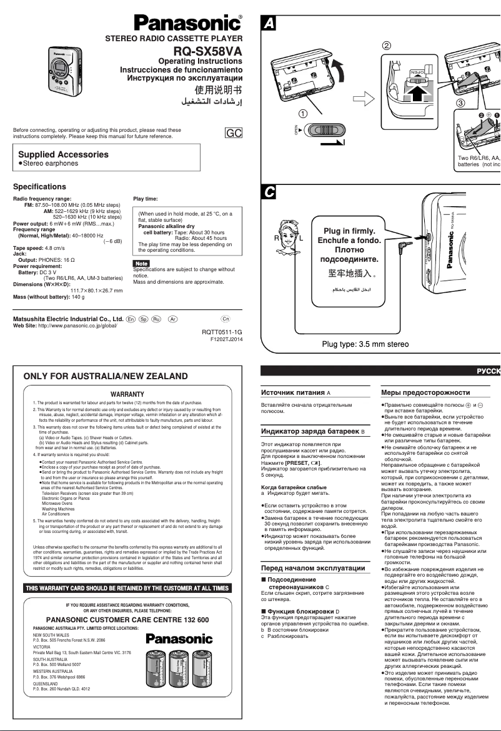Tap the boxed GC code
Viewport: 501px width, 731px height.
click(233, 133)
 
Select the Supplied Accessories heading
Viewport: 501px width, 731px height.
click(63, 154)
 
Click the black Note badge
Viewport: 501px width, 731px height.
click(141, 263)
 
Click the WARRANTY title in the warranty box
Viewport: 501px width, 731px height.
click(127, 394)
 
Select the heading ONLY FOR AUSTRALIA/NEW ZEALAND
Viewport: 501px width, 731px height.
click(105, 376)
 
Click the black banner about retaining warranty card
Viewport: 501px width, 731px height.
click(127, 588)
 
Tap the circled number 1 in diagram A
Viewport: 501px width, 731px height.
click(302, 114)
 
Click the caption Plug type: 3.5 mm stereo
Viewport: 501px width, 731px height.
click(365, 344)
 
